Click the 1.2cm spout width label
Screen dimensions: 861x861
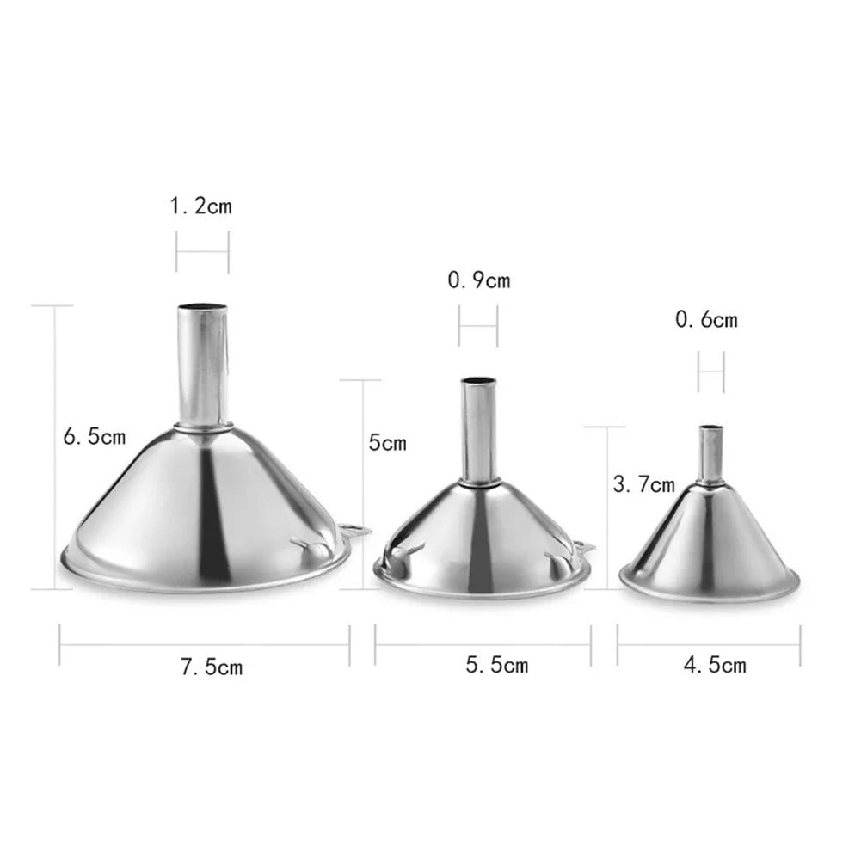tap(201, 206)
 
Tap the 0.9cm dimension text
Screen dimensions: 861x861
tap(479, 280)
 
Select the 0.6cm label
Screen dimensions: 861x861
tap(706, 321)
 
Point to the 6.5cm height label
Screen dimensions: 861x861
tap(95, 437)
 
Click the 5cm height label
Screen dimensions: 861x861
tap(387, 444)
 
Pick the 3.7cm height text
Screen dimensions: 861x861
tap(643, 485)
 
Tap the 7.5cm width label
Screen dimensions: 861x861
tap(212, 666)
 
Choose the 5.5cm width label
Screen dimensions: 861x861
tap(497, 664)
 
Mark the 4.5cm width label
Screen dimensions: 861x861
tap(715, 664)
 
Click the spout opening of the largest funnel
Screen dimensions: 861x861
tap(204, 308)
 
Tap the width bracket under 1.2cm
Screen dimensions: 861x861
tap(203, 251)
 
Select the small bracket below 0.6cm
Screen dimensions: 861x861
tap(710, 372)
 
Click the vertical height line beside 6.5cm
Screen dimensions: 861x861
tap(58, 447)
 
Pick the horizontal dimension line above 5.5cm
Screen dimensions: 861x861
tap(483, 639)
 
